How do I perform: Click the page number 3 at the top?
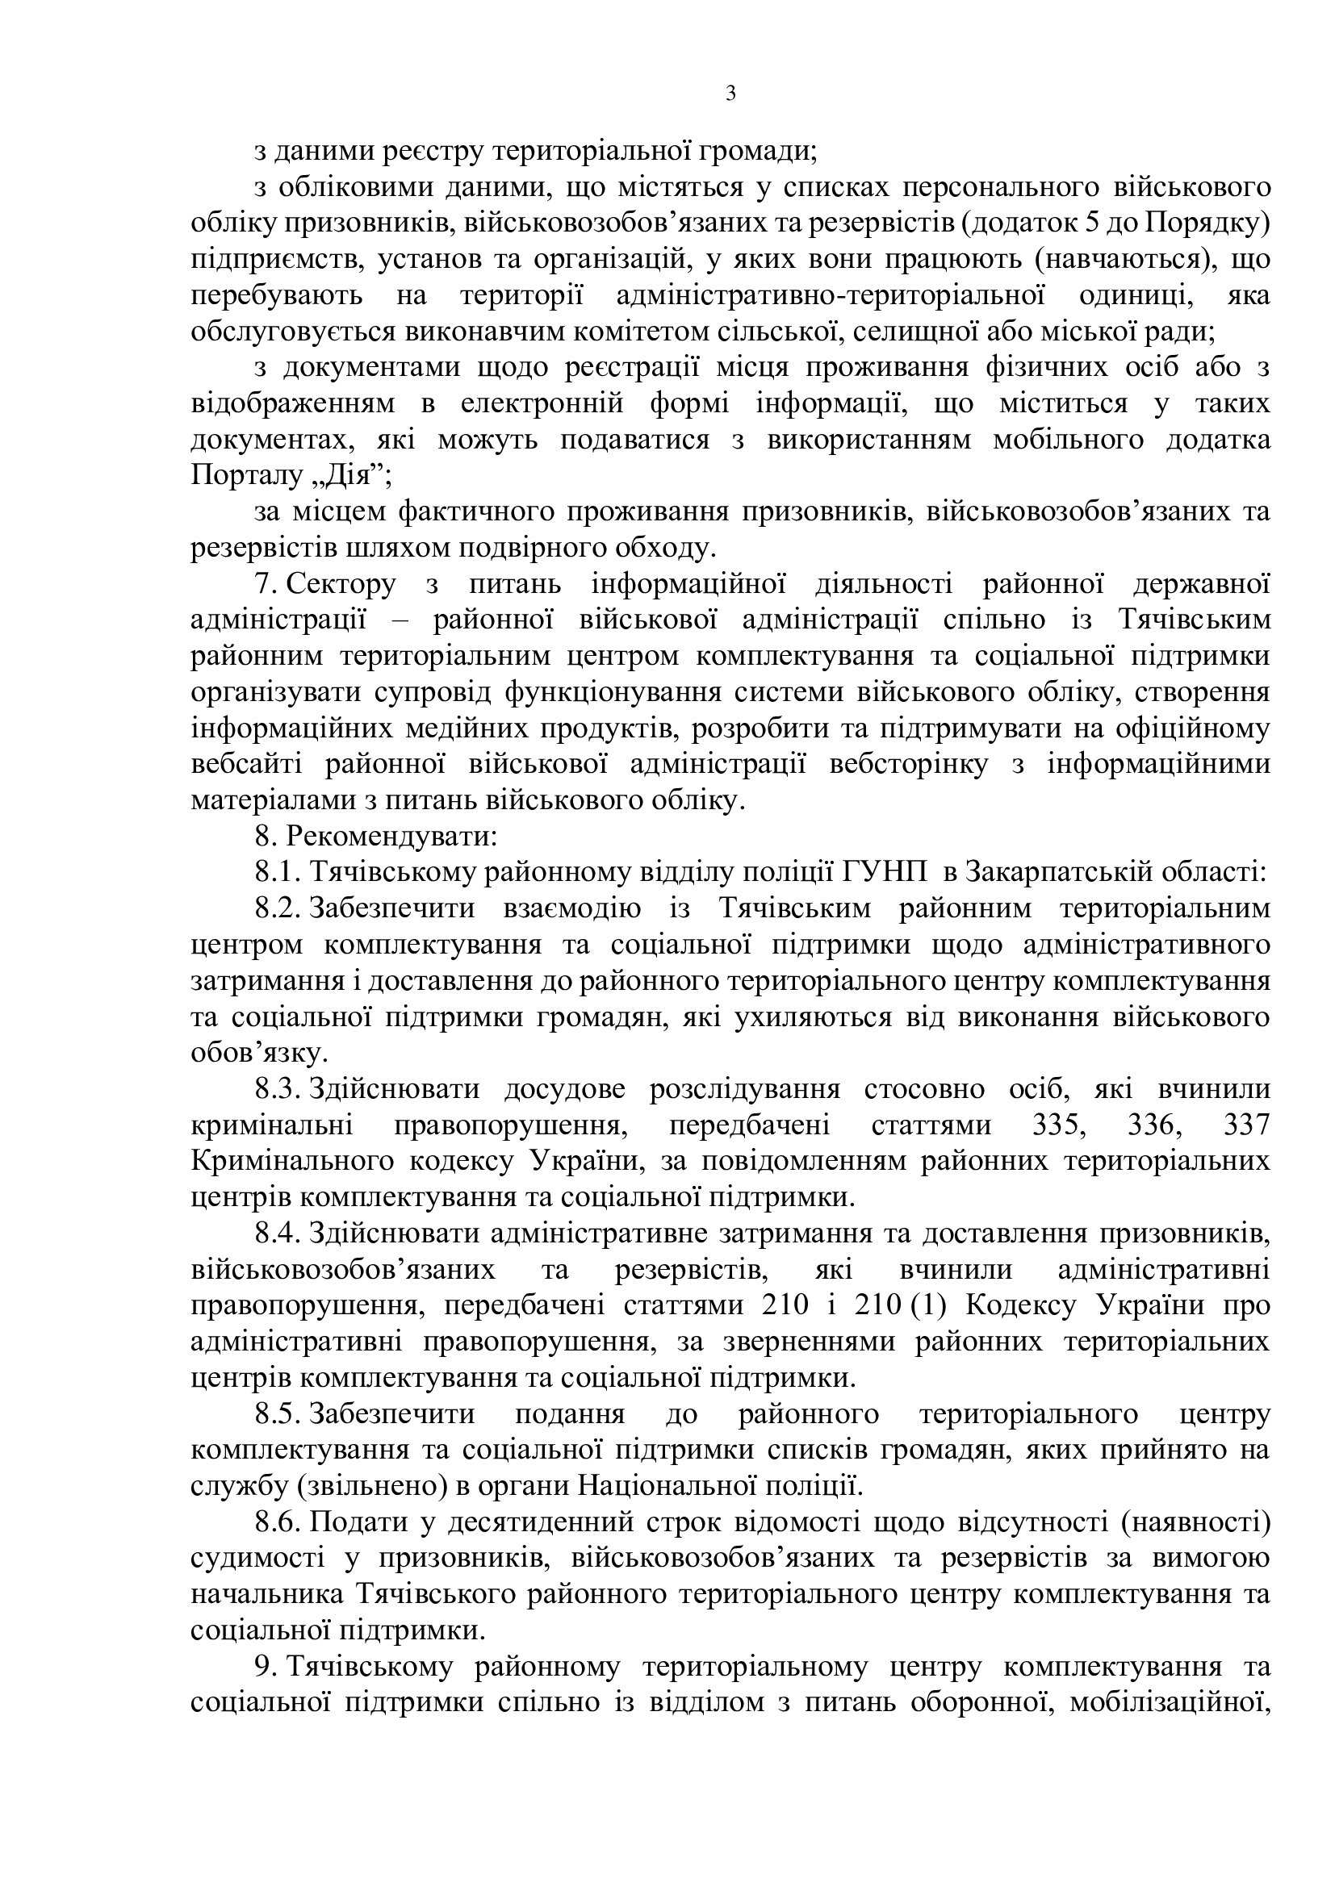coord(730,94)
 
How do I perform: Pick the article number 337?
coord(1246,1125)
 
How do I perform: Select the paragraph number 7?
coord(269,584)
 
